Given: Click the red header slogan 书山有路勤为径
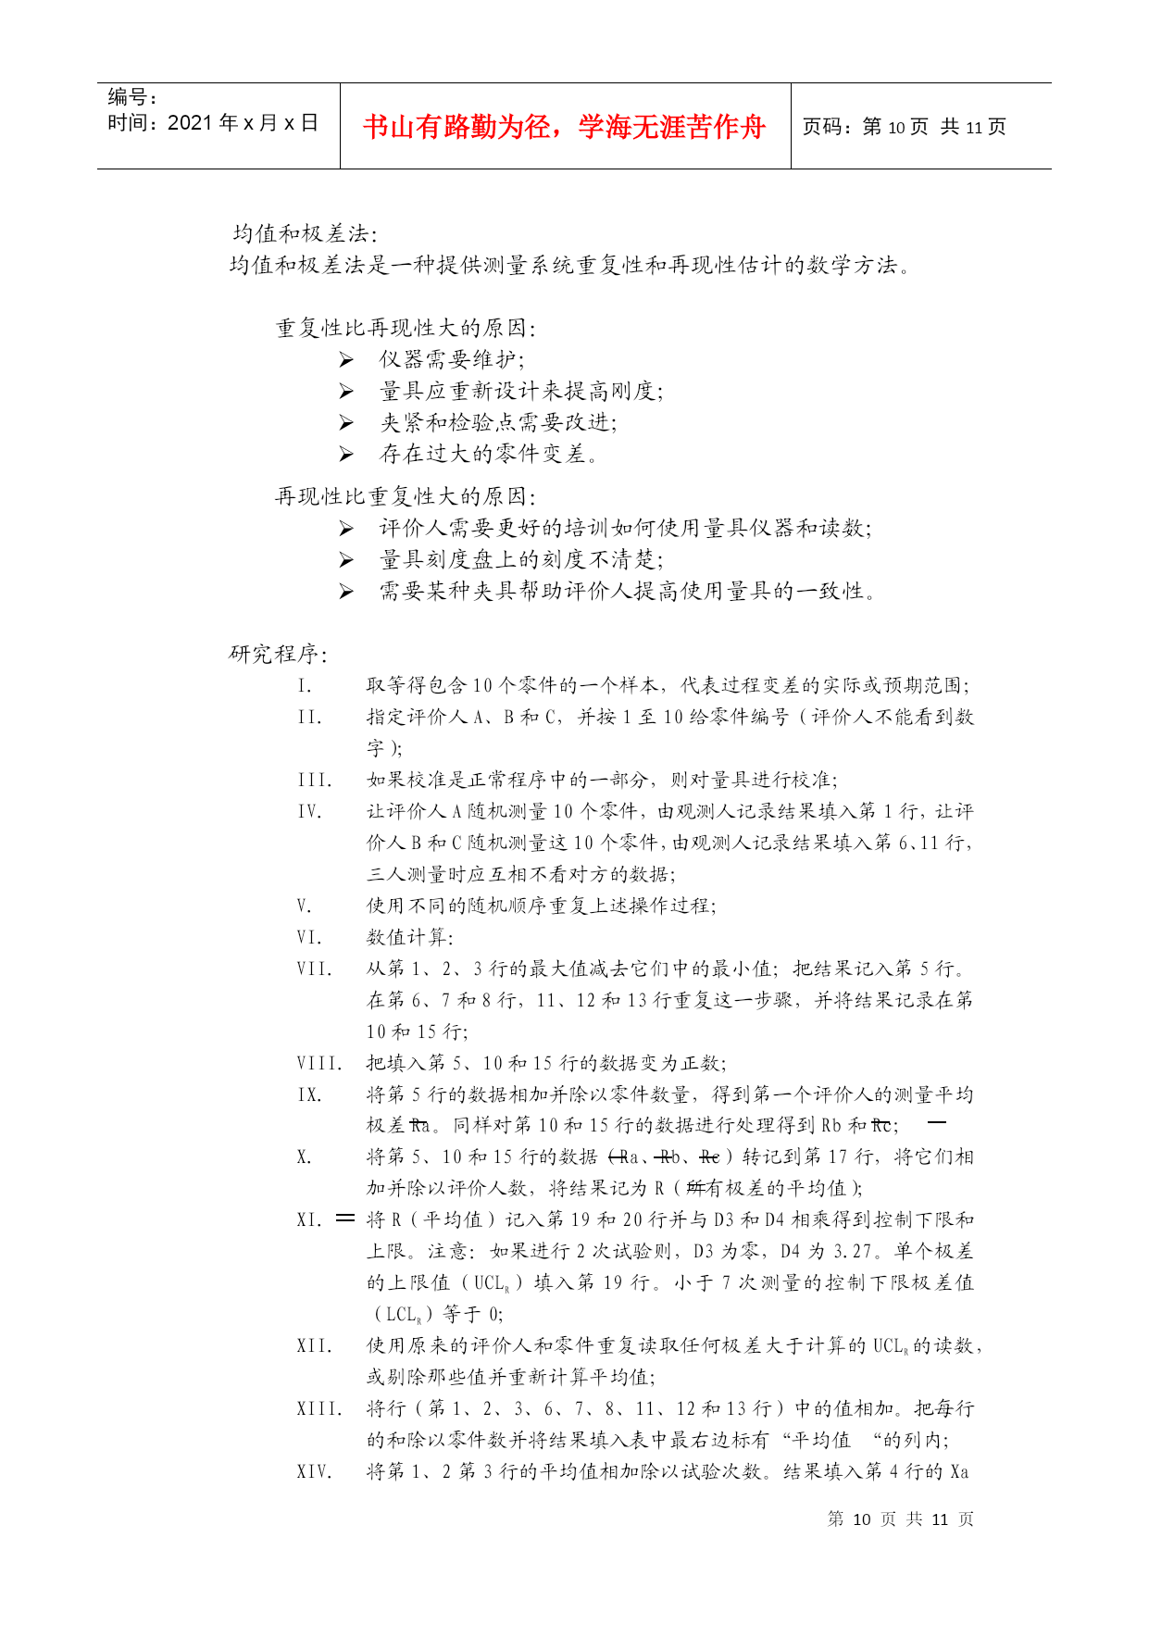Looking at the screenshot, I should pos(564,127).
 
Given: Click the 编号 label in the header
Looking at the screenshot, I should pos(131,97).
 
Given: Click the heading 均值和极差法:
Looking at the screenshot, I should pos(305,234).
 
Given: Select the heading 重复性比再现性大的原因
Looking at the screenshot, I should pos(406,328).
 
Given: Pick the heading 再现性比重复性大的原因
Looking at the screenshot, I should pos(406,496).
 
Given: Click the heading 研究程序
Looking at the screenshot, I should pos(278,654).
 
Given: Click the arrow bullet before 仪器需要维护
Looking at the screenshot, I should pos(346,360).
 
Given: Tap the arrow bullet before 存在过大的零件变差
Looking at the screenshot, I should pos(346,455).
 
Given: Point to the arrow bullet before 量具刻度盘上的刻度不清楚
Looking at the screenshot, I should pos(346,560).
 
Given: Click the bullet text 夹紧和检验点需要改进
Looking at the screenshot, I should pos(498,423).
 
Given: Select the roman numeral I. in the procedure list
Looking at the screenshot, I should pos(305,686).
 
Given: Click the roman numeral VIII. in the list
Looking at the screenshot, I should pos(319,1064).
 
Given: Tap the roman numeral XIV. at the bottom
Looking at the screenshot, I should pos(314,1471).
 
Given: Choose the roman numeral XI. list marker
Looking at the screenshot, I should pos(309,1219).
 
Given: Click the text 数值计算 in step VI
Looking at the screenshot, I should pos(409,937).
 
